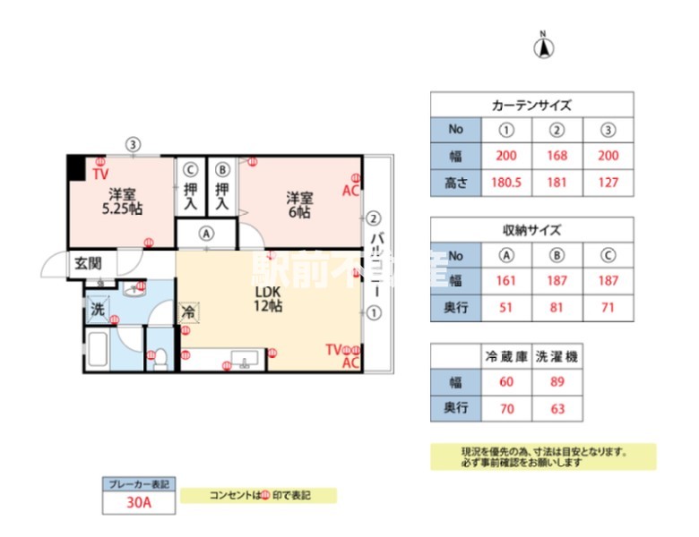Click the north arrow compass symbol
coord(543,47)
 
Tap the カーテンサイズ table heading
coord(531,105)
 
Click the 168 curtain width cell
coord(557,156)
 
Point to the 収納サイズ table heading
coord(531,228)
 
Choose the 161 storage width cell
coord(507,280)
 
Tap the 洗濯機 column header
coord(557,356)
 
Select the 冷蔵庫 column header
coord(506,356)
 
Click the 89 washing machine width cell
coord(557,382)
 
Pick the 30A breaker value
coord(138,502)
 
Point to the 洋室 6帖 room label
coord(299,204)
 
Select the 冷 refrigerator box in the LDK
coord(188,312)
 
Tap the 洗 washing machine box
coord(97,311)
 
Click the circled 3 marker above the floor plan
coord(133,143)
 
